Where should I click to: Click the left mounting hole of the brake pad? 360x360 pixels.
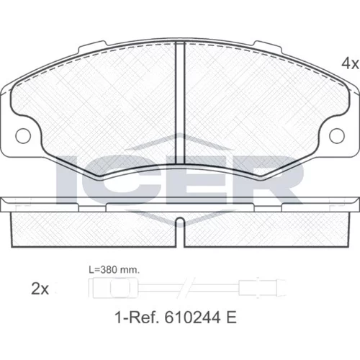(23, 136)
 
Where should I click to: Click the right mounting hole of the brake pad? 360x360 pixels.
(337, 136)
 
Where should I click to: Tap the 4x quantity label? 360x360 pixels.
(350, 63)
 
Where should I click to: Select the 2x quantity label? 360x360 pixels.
(40, 289)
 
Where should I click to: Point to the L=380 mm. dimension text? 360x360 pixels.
(114, 270)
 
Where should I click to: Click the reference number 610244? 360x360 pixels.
(192, 318)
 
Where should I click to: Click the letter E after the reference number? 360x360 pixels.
(231, 318)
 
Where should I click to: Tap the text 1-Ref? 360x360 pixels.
(137, 318)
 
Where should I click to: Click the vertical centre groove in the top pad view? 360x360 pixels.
(180, 103)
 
